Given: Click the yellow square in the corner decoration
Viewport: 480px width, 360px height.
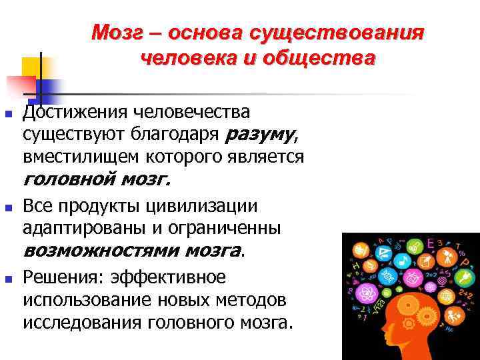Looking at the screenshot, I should coord(32,67).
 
